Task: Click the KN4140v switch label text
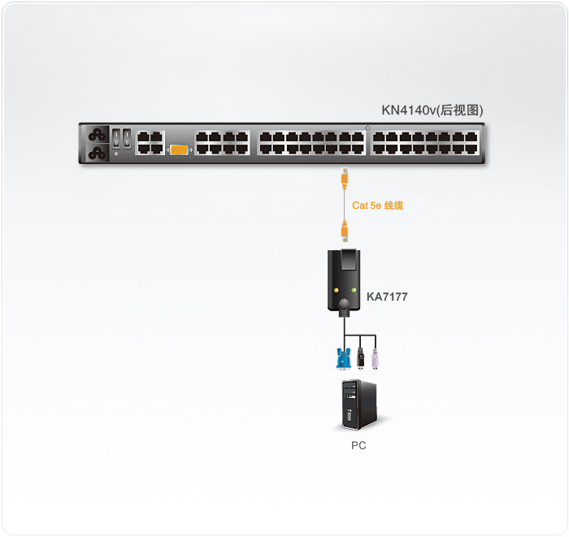(x=432, y=110)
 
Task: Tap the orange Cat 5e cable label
(x=377, y=206)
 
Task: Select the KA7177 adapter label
(x=387, y=297)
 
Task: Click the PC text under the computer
(x=358, y=445)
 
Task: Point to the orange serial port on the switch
(x=179, y=149)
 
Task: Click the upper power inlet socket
(x=98, y=135)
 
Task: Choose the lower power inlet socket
(x=98, y=153)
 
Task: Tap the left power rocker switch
(x=116, y=139)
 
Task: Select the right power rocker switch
(x=127, y=139)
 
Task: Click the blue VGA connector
(x=343, y=359)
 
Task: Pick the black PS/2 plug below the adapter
(x=360, y=359)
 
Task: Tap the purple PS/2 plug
(x=375, y=359)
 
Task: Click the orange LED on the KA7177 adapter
(x=337, y=290)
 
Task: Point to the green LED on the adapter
(x=354, y=290)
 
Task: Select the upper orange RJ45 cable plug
(x=345, y=179)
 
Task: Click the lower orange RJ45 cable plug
(x=345, y=231)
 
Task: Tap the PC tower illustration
(x=359, y=405)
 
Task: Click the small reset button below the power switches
(x=116, y=154)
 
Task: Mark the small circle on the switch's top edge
(x=368, y=128)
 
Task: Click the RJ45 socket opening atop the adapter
(x=349, y=260)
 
